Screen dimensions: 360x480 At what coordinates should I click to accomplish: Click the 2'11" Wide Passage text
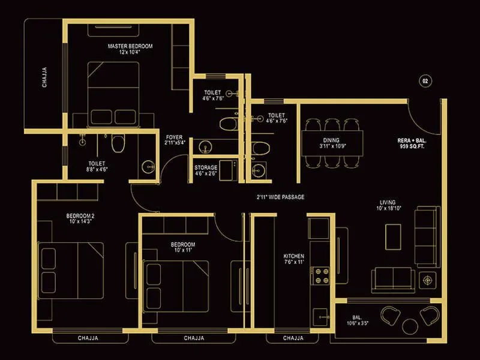point(281,196)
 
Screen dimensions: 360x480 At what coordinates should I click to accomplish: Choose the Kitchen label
point(294,260)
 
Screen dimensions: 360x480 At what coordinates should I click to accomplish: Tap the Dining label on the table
point(331,143)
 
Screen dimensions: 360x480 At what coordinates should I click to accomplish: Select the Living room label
point(387,205)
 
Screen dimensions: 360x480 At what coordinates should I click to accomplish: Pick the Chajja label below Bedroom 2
point(89,338)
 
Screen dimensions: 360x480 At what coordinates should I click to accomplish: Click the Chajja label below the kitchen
point(293,338)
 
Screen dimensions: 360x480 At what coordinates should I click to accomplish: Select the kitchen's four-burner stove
point(319,275)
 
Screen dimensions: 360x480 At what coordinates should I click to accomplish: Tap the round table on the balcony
point(410,326)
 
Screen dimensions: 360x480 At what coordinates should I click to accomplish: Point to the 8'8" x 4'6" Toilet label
point(97,166)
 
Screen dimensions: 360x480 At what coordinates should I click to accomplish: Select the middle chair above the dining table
point(331,125)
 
